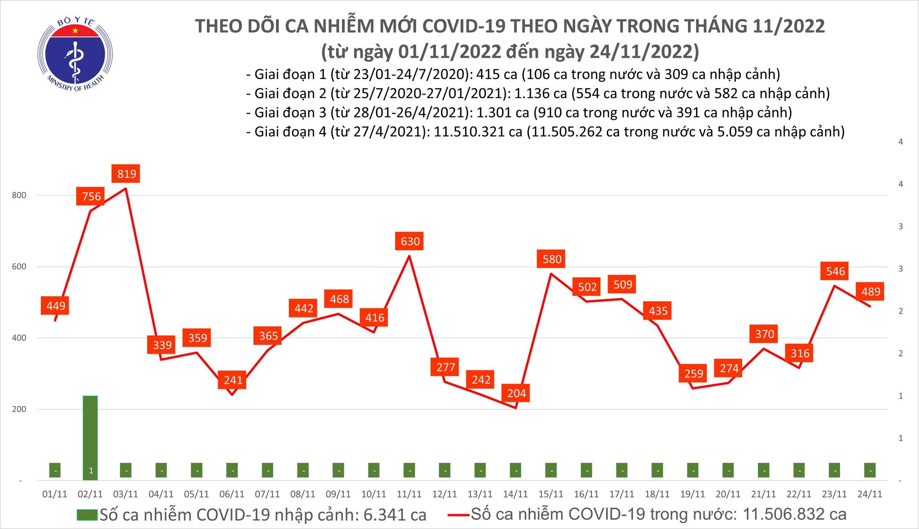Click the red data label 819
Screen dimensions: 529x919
(x=127, y=173)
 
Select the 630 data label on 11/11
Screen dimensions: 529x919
(x=410, y=241)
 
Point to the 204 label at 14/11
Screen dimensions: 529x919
(x=516, y=393)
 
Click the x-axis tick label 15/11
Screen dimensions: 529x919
(x=551, y=494)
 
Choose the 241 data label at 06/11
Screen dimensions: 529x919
(x=232, y=380)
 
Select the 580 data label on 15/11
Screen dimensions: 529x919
(x=551, y=259)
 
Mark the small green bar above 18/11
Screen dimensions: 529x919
(x=657, y=470)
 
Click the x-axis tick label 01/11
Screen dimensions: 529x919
(x=55, y=494)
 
